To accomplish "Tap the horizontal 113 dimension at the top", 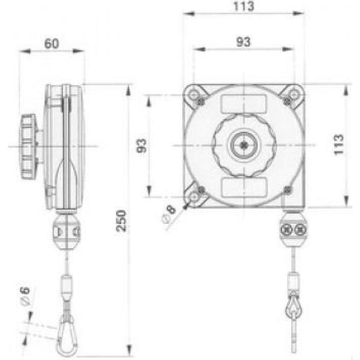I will pos(244,7).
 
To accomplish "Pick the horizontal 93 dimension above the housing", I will pos(244,41).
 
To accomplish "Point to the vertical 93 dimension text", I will pos(142,147).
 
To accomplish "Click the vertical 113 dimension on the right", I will pos(338,145).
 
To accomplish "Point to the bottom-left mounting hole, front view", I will pos(196,197).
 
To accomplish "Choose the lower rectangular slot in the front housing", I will pos(244,186).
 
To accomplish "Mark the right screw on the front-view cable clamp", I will pos(300,229).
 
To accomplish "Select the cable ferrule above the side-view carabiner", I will pos(66,286).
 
